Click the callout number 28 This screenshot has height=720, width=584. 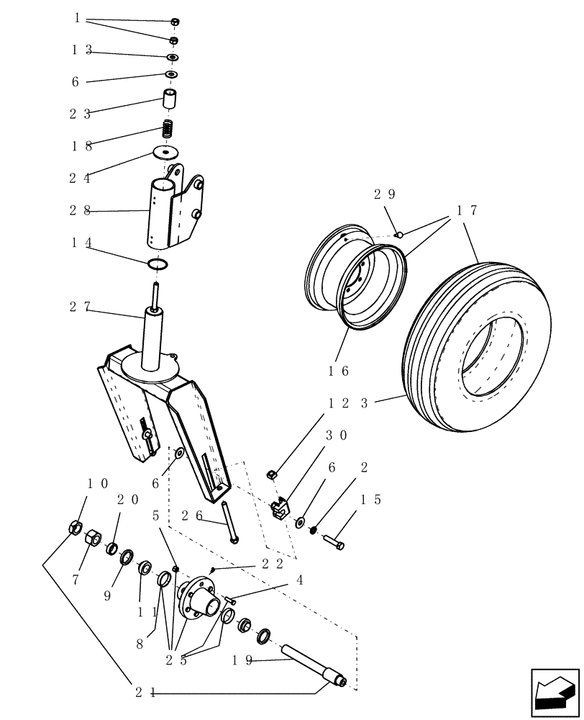pos(80,211)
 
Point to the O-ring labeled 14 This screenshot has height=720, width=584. pos(159,265)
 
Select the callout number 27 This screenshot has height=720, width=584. pos(80,307)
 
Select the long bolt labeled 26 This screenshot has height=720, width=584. pos(229,522)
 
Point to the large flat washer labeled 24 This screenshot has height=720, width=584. pos(166,153)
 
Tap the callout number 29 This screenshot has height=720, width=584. pos(384,194)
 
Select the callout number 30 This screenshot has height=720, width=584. pos(337,436)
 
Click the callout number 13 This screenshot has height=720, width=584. pos(81,50)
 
